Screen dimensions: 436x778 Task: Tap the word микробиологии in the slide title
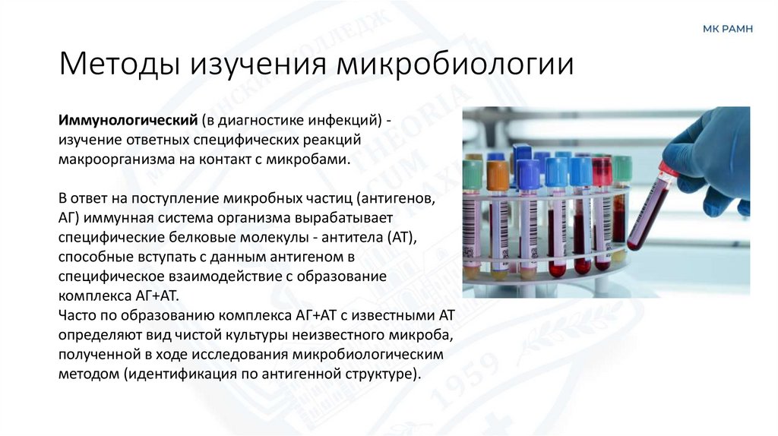[x=454, y=64]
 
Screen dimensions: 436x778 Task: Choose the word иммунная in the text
[x=111, y=218]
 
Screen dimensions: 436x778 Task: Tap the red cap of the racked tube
[x=602, y=172]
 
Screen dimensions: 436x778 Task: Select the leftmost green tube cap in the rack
[x=473, y=174]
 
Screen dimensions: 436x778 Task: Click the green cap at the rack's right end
[x=622, y=168]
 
